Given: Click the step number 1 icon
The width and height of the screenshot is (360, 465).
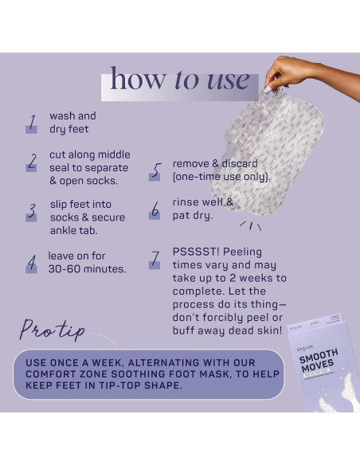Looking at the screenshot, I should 32,123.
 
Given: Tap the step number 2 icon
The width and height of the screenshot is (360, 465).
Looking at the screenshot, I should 32,162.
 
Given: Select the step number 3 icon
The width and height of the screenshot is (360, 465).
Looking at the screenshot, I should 32,211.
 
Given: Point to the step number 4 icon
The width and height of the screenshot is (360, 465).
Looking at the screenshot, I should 32,263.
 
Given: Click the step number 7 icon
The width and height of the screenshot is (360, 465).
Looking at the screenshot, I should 156,260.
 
